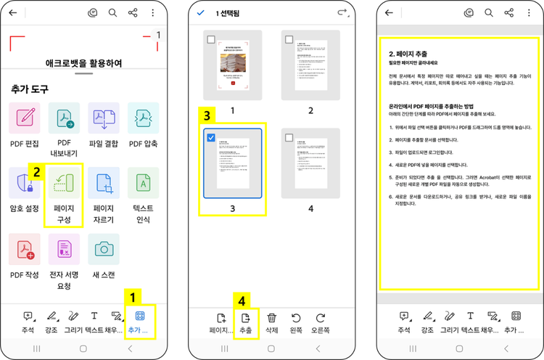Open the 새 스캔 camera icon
(104, 248)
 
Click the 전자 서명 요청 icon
(65, 248)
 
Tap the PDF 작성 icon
(25, 248)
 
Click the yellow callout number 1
(132, 296)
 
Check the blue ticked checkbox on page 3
(210, 138)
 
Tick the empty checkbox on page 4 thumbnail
(289, 138)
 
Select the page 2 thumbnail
(310, 65)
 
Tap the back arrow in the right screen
(389, 13)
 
